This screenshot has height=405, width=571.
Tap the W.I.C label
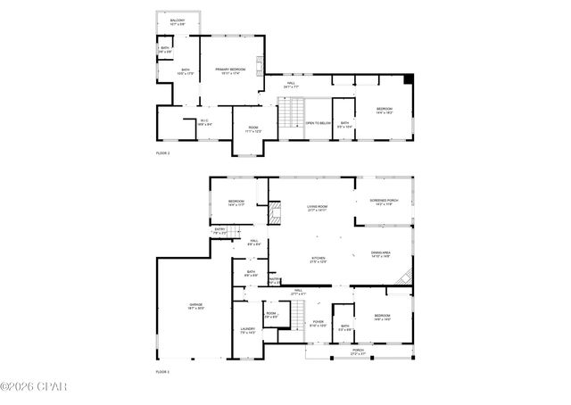pyautogui.click(x=204, y=122)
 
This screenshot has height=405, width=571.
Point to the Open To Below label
pyautogui.click(x=319, y=123)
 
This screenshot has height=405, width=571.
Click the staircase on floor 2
pyautogui.click(x=292, y=114)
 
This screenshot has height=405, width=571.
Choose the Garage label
pyautogui.click(x=195, y=307)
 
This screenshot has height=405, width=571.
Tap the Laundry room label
pyautogui.click(x=247, y=331)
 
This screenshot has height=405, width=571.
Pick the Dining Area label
pyautogui.click(x=382, y=255)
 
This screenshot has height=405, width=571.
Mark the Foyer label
pyautogui.click(x=318, y=324)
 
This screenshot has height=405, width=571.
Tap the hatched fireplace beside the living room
pyautogui.click(x=277, y=214)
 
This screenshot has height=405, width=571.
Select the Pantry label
pyautogui.click(x=275, y=280)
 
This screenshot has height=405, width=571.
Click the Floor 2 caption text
pyautogui.click(x=162, y=153)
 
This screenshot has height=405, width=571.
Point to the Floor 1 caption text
pyautogui.click(x=162, y=371)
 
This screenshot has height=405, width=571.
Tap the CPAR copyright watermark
pyautogui.click(x=33, y=387)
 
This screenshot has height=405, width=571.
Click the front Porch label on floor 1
pyautogui.click(x=357, y=351)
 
